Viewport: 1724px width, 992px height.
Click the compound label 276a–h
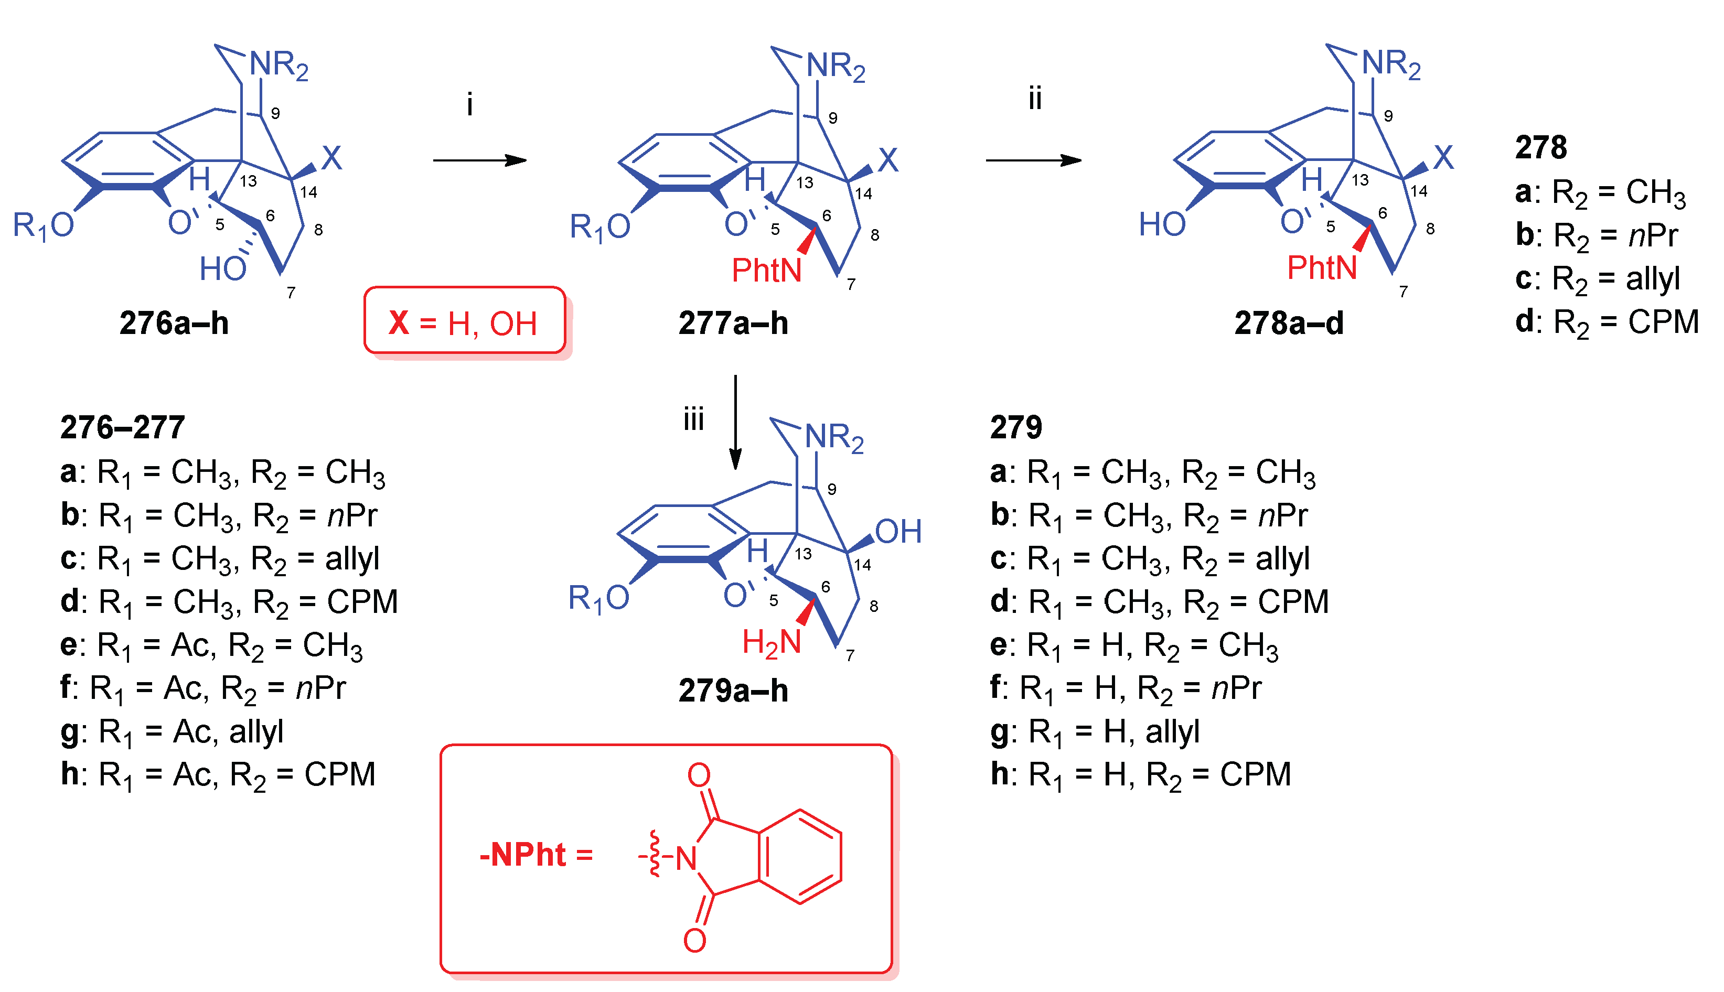point(174,323)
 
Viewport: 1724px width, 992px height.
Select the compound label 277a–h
point(733,323)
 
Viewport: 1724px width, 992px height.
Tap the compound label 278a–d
point(1289,323)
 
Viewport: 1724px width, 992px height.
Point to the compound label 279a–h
point(733,691)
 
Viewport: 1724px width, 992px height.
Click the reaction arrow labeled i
point(480,161)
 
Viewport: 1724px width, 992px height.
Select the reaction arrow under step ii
point(1033,161)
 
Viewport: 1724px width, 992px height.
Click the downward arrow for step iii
point(735,423)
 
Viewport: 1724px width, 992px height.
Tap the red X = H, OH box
point(464,321)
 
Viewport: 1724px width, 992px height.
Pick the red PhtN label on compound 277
point(766,271)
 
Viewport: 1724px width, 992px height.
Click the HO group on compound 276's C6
point(223,269)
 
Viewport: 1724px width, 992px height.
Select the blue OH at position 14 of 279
point(898,532)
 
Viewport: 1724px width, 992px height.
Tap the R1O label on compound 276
point(44,225)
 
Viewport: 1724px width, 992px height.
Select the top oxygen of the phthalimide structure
point(699,774)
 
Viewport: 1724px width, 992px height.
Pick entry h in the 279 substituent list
point(1141,774)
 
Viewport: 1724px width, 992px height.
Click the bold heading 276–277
point(123,428)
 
